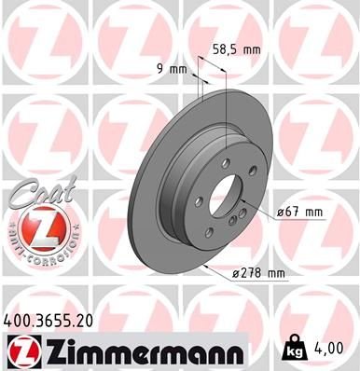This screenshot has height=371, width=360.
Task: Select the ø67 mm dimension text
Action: point(300,213)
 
